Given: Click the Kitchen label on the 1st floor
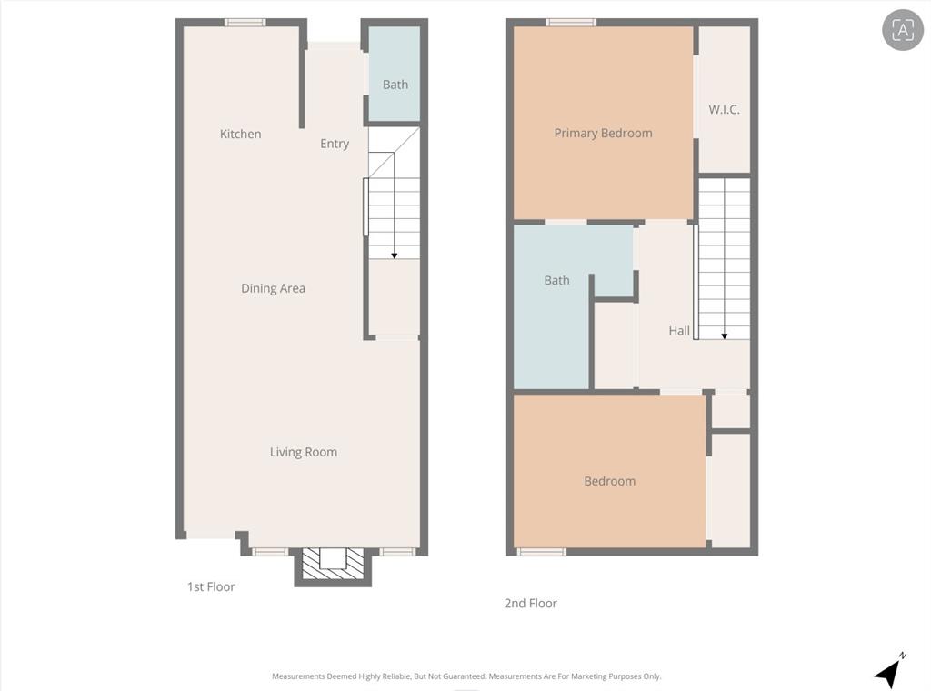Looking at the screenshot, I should pos(240,134).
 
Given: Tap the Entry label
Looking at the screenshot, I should pos(335,144).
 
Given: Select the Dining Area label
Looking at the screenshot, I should pos(273,288).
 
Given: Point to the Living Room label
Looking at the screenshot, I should pos(303,452).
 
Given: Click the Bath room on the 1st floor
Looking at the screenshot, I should pos(395,84).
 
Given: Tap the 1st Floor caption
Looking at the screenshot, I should pos(211,586).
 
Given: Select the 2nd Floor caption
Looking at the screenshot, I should pos(530,603).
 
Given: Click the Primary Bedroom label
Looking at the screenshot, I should pos(603,133).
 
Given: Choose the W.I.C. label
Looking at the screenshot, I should pos(724,109).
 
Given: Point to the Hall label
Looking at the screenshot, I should pos(679,331).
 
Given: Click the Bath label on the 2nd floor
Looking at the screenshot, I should pos(556,280).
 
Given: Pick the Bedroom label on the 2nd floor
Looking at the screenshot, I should pos(609,481).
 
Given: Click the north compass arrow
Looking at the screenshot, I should pos(889,672).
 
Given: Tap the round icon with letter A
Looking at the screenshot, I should pos(902,30).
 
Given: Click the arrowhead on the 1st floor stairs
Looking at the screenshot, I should pos(395,255).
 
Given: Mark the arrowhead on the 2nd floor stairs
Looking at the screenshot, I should pos(725,335).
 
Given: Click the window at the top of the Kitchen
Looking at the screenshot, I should pos(245,22).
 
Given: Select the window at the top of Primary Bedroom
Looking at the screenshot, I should pos(571,22).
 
